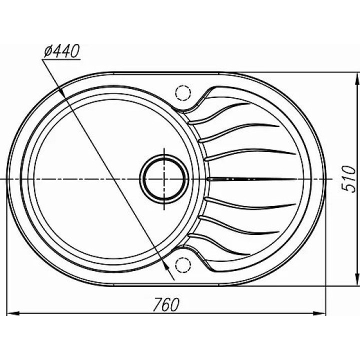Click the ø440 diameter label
pos(62,51)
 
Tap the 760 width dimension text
pos(166,304)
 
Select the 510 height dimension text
pos(348,179)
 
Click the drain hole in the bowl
pos(164,179)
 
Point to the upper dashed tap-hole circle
pos(183,93)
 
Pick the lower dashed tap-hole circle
pos(183,265)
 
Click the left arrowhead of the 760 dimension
pos(13,313)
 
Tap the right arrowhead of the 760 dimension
pos(319,313)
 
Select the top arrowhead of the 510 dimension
pos(357,78)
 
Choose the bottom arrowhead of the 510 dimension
pos(357,279)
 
